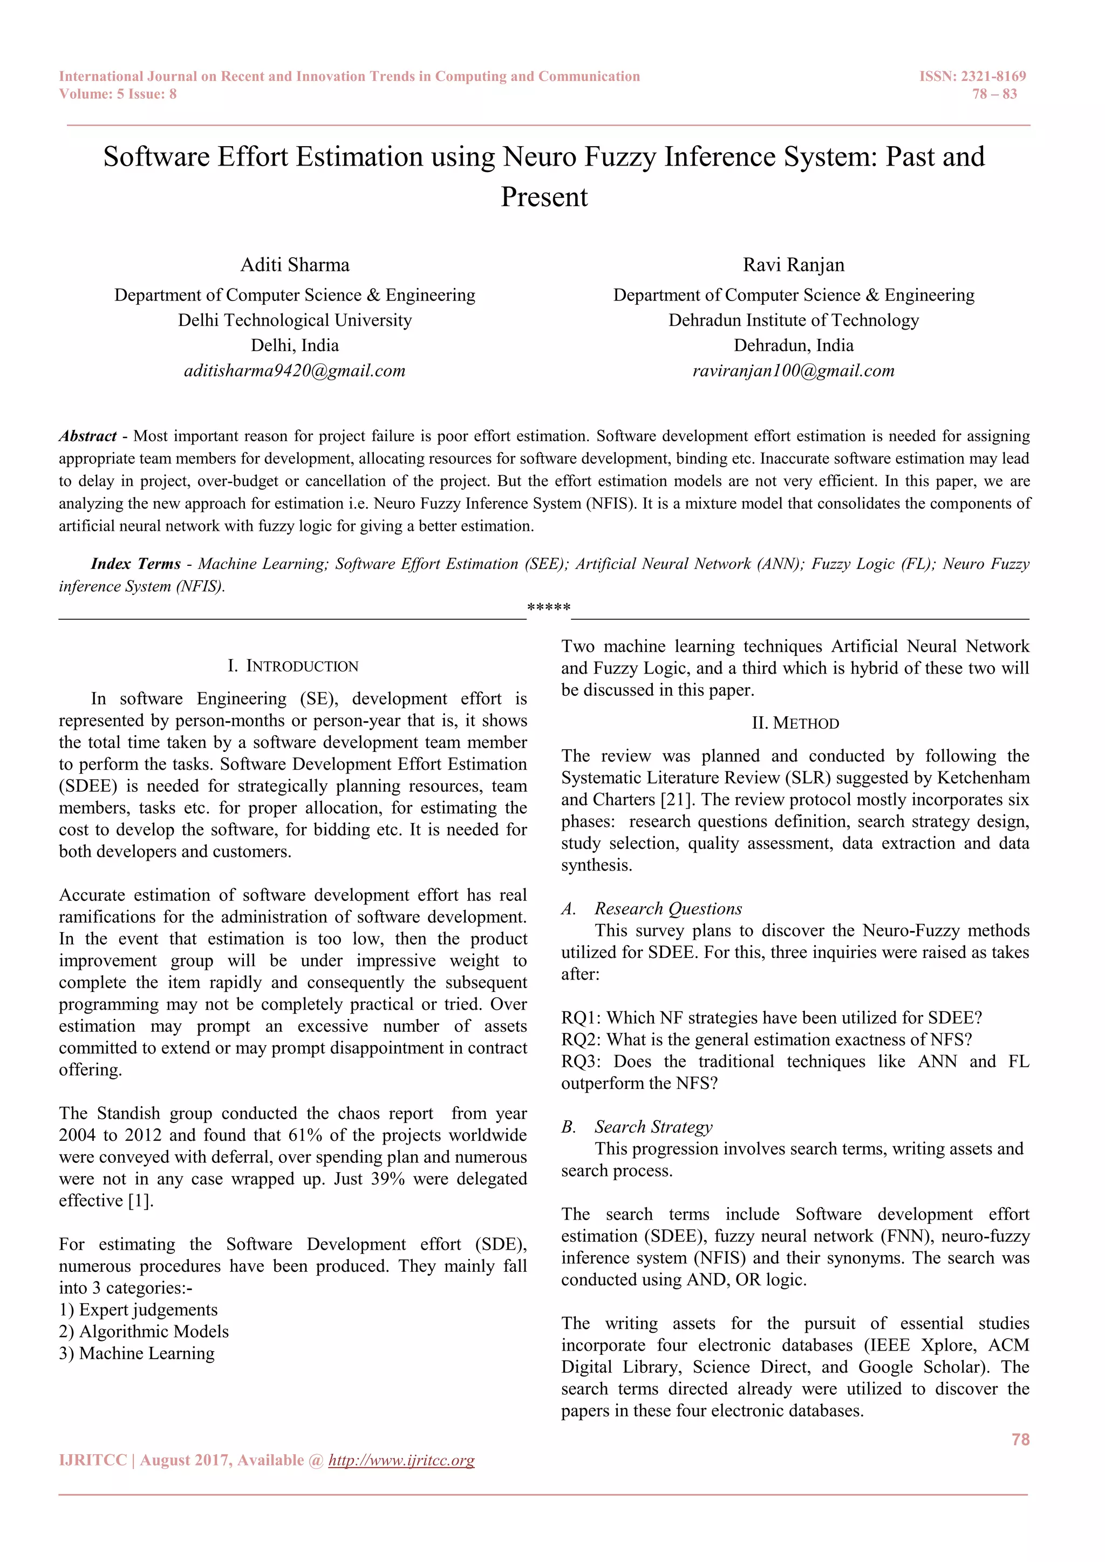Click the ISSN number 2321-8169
[x=993, y=76]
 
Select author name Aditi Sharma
[x=295, y=265]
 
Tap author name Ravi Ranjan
[x=793, y=265]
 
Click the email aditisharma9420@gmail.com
[x=295, y=371]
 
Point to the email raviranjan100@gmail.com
[x=793, y=371]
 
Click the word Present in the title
[x=544, y=197]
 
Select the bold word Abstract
[x=88, y=436]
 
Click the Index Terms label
[x=136, y=564]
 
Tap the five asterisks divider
[x=548, y=607]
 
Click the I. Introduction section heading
[x=294, y=666]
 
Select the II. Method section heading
[x=795, y=723]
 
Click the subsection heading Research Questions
[x=667, y=909]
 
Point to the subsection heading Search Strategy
[x=653, y=1127]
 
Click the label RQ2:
[x=582, y=1040]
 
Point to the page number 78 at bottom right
[x=1020, y=1440]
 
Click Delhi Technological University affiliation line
[x=295, y=320]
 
